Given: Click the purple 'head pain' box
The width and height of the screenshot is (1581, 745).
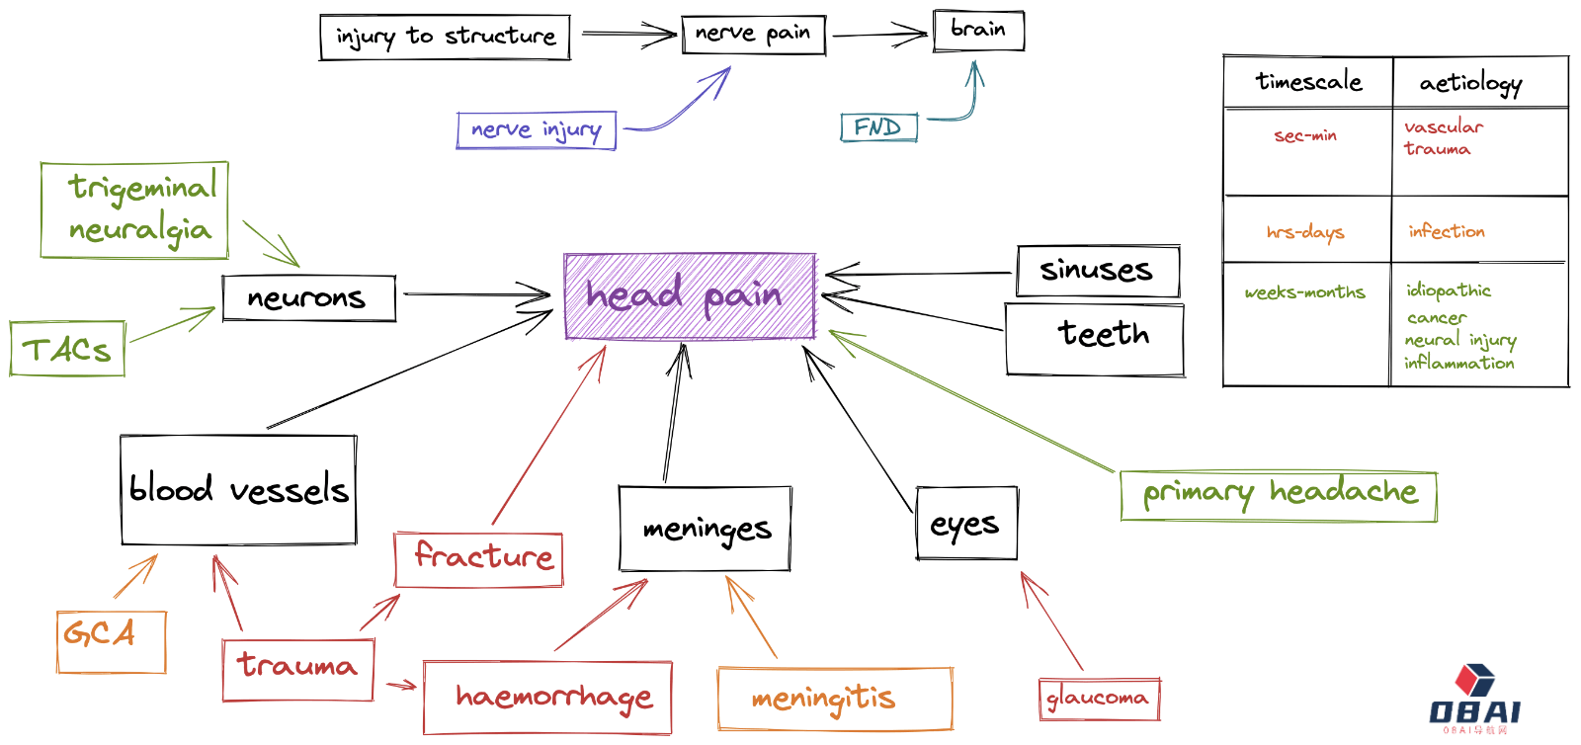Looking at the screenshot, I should pos(690,296).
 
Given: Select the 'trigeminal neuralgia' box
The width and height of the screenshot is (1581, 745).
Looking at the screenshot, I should pos(135,210).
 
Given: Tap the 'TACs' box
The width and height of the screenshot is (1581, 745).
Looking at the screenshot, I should pos(67,349).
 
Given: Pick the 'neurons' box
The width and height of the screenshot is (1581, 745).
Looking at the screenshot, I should pos(308,298).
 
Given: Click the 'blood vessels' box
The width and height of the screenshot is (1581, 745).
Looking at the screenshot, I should pos(238,490).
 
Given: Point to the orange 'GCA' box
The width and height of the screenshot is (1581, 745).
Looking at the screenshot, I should pos(111,642).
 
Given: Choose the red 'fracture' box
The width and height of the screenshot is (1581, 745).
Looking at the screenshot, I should pos(479,559).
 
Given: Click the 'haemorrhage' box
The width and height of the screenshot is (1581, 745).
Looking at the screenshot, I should pos(547,698).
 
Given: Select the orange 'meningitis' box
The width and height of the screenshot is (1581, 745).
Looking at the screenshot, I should pos(835,699).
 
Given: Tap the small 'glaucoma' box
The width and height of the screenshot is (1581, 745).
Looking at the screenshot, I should pos(1098,699).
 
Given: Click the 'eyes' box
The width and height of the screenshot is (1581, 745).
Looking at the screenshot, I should pos(966,524).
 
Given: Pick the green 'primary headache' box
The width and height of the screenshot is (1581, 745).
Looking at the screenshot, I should pos(1279,496).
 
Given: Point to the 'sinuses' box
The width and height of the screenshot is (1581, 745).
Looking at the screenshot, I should pos(1098,271).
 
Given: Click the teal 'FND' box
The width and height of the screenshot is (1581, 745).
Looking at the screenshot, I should pos(878,127).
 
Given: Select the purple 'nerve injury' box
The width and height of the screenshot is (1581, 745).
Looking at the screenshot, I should pos(537,130).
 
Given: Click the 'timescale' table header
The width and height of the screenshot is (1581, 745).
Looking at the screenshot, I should pos(1308,82).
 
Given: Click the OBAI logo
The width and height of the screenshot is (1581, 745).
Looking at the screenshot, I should pos(1474,700).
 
